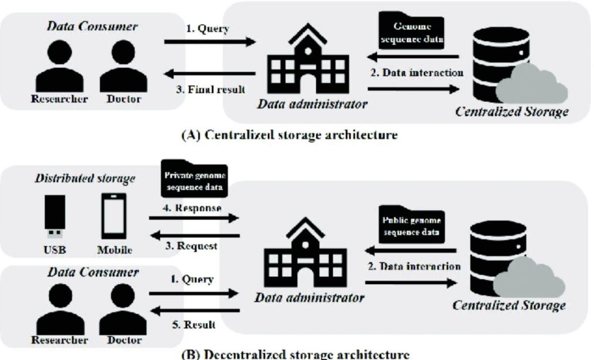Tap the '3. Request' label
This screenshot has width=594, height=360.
click(194, 245)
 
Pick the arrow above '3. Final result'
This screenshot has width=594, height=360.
click(210, 74)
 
